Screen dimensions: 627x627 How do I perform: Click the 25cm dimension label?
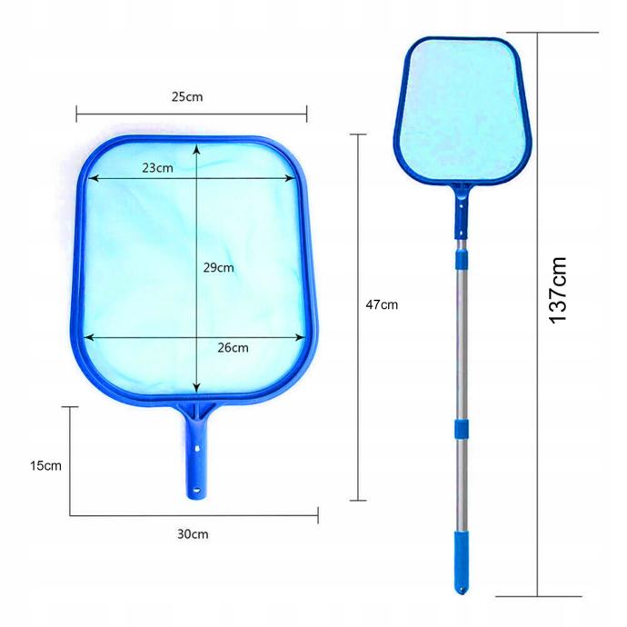point(187,96)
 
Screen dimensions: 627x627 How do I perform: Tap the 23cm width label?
point(157,167)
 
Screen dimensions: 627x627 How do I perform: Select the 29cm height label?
point(218,267)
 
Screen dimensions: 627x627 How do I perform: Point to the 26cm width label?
point(233,347)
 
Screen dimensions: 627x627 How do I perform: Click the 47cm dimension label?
point(382,304)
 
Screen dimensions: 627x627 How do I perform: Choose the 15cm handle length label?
point(45,465)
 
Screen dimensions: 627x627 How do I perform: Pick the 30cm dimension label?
point(193,533)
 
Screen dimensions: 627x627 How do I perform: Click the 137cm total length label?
point(557,290)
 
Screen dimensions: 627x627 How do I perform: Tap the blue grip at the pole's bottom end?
point(461,562)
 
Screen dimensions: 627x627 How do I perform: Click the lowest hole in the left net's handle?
point(196,489)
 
